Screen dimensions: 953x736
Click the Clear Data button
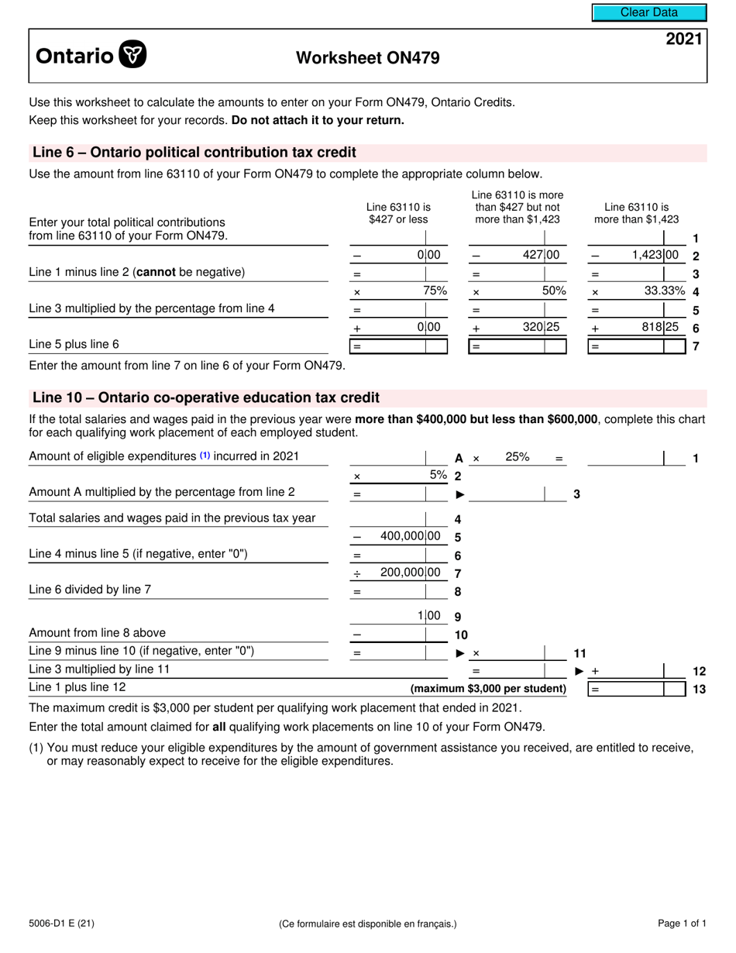click(649, 12)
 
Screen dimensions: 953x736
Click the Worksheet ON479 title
click(367, 58)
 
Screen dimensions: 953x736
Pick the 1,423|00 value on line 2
click(655, 255)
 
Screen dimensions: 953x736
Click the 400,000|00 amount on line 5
click(411, 536)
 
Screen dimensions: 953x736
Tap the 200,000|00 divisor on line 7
click(411, 573)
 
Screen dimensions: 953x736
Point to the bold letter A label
click(459, 459)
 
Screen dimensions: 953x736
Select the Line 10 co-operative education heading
click(206, 398)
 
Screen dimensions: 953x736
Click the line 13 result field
click(637, 689)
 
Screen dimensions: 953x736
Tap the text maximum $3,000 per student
click(488, 689)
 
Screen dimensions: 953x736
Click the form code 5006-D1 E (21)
click(62, 924)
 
